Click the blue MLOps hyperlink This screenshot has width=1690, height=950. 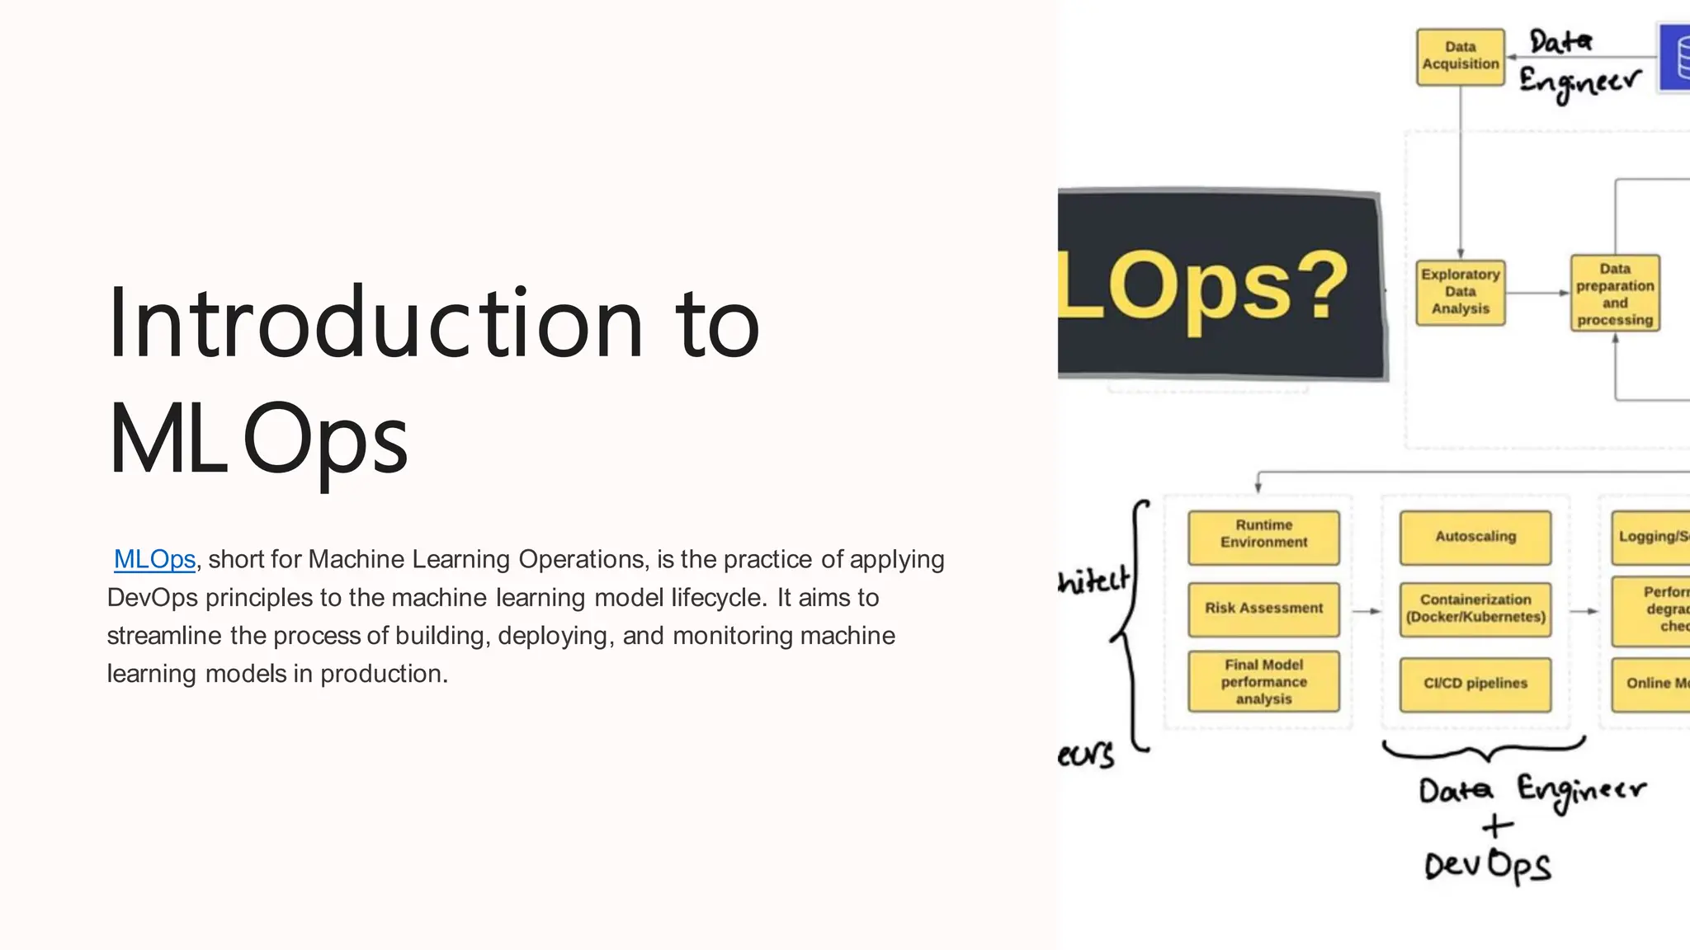(x=154, y=559)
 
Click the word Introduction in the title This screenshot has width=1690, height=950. (x=375, y=323)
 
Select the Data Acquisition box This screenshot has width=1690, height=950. (x=1460, y=56)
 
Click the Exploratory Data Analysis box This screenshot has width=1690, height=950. (x=1460, y=292)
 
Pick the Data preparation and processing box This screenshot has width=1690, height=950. (x=1614, y=294)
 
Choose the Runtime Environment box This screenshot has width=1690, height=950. (x=1263, y=537)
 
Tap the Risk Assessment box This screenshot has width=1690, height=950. (x=1263, y=609)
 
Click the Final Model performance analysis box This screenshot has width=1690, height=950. (x=1263, y=681)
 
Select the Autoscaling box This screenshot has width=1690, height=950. (x=1475, y=537)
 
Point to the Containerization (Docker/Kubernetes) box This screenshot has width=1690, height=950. (x=1475, y=609)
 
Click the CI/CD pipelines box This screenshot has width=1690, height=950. (x=1475, y=684)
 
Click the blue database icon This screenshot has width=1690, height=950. (x=1675, y=58)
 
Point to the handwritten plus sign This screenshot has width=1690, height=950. (x=1497, y=825)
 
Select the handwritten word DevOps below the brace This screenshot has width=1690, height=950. (x=1487, y=866)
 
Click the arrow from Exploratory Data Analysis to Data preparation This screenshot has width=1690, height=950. (x=1537, y=293)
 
